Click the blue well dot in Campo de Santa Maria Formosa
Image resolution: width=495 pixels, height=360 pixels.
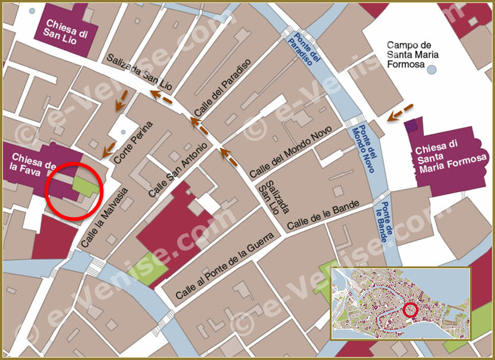pyautogui.click(x=432, y=70)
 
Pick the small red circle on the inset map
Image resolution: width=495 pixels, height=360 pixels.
pyautogui.click(x=410, y=310)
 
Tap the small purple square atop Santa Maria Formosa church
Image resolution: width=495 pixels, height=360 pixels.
pyautogui.click(x=410, y=126)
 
